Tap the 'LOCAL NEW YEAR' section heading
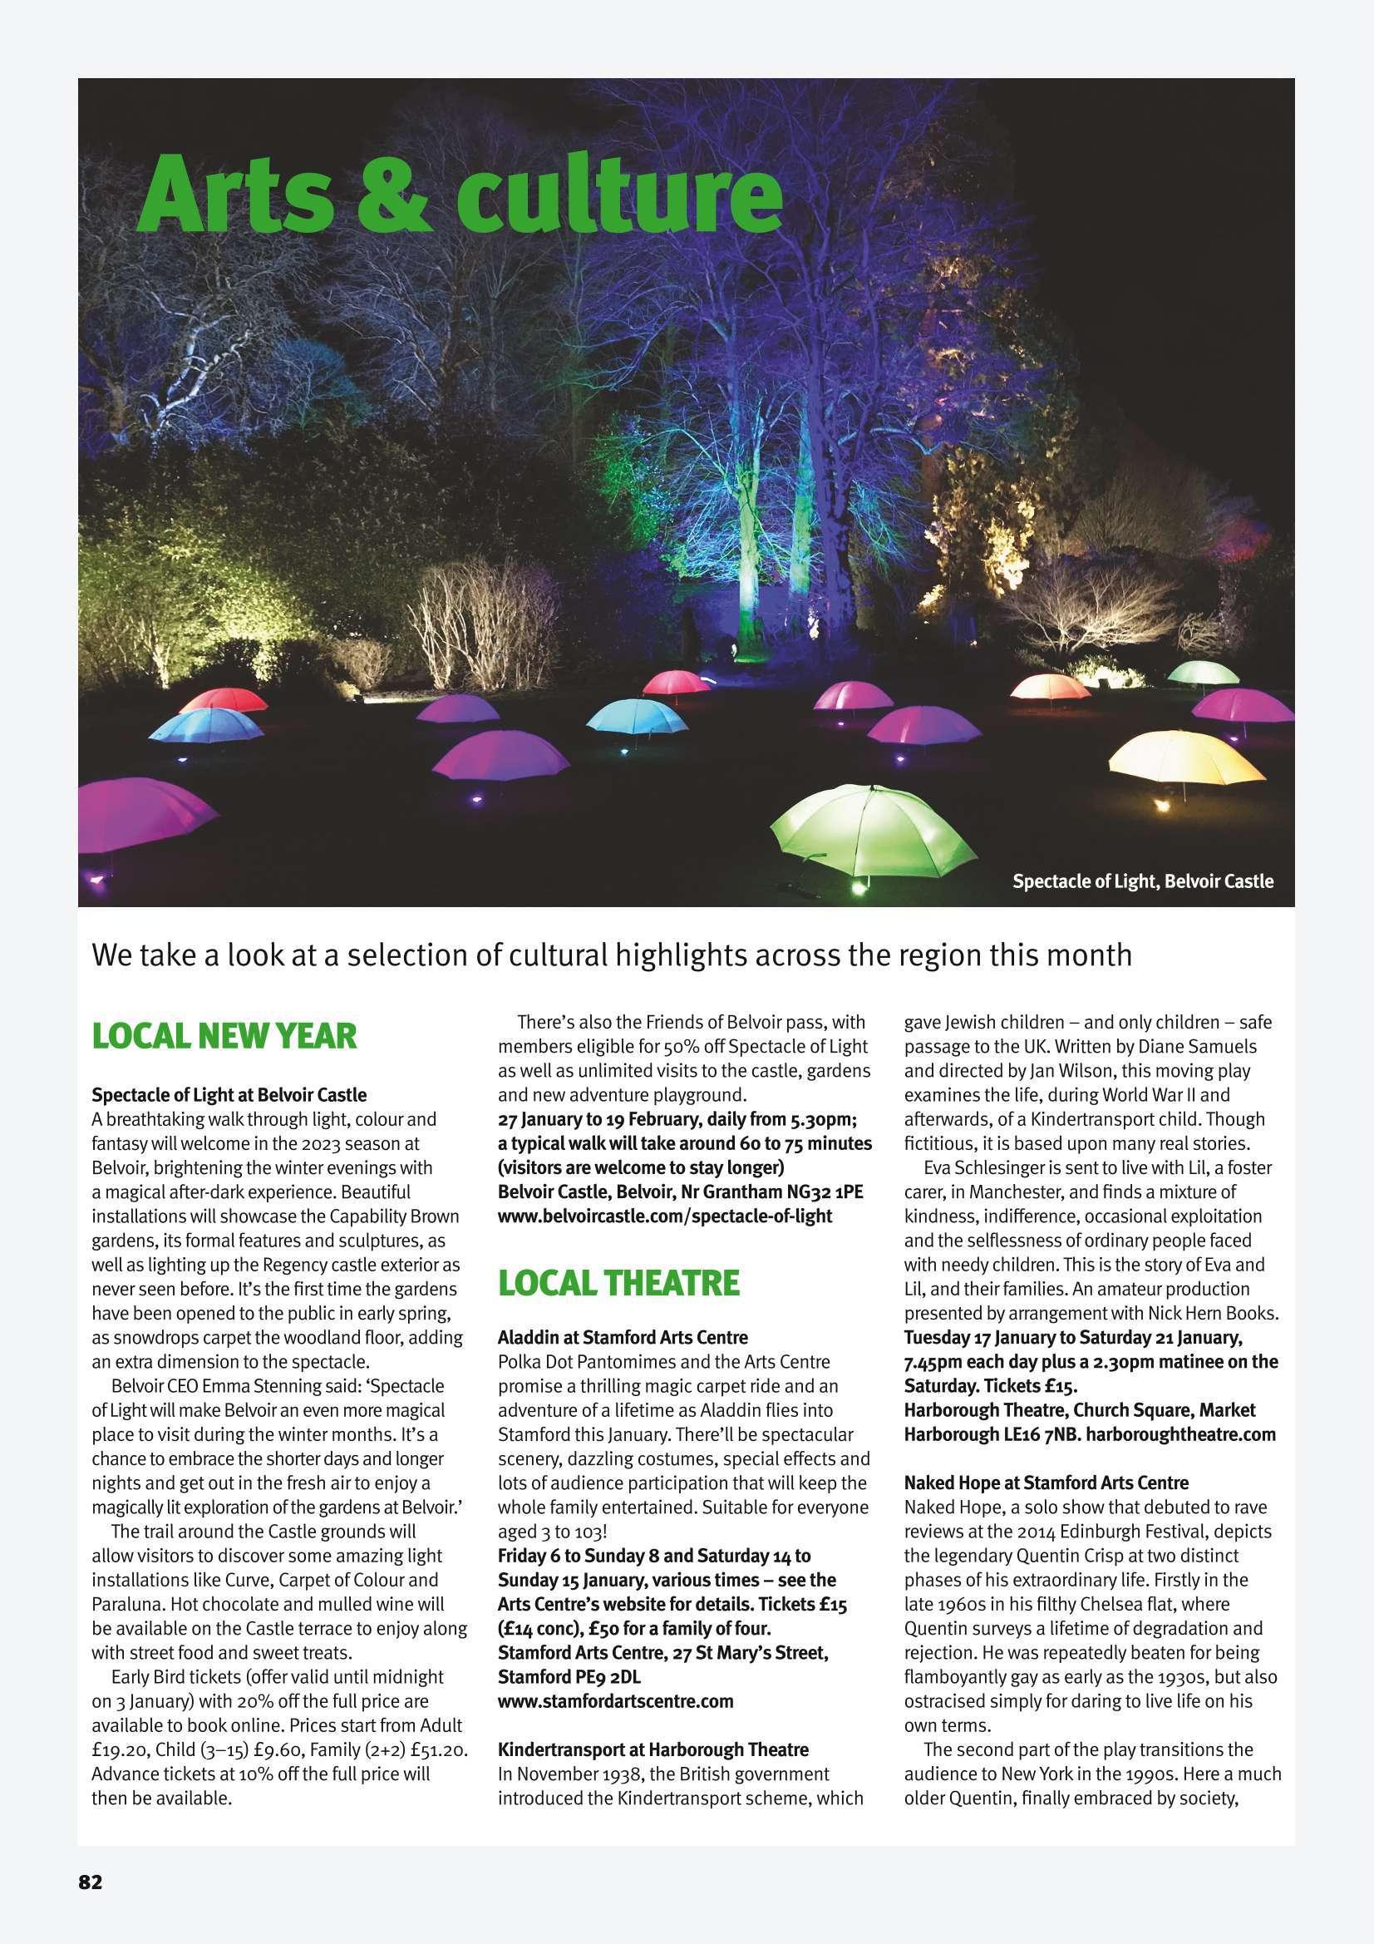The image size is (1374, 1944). (x=224, y=1036)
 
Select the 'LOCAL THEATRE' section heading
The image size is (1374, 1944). (x=619, y=1284)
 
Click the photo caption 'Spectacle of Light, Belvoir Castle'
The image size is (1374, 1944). (x=1142, y=881)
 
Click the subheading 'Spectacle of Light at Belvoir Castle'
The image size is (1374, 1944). (x=229, y=1095)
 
